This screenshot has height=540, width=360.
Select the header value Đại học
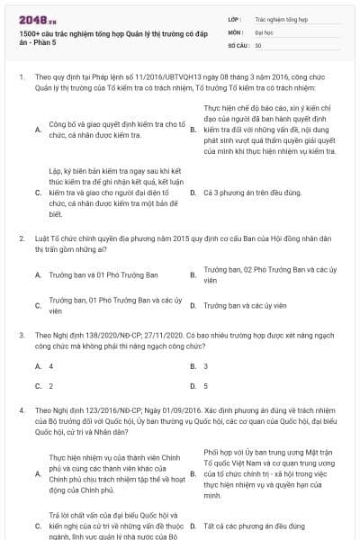(264, 31)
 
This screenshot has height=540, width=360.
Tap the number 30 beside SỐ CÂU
(258, 44)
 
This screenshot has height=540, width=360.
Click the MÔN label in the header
(235, 31)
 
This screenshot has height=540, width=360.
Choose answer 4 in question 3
(51, 366)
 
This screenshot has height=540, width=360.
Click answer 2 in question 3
(51, 385)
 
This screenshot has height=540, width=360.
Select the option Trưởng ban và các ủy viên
(244, 306)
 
